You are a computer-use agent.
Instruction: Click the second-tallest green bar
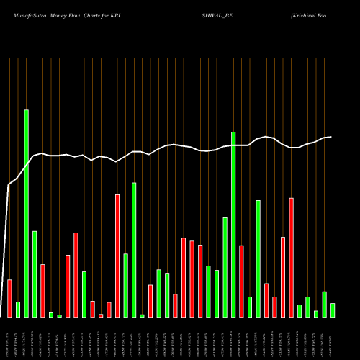pos(233,224)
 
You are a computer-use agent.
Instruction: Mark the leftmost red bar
pos(9,298)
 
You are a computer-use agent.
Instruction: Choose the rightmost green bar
pos(333,310)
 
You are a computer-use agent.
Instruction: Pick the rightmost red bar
pos(292,257)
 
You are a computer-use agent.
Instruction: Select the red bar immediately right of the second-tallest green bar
pos(242,281)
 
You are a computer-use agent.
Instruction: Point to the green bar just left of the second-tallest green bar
pos(225,267)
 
